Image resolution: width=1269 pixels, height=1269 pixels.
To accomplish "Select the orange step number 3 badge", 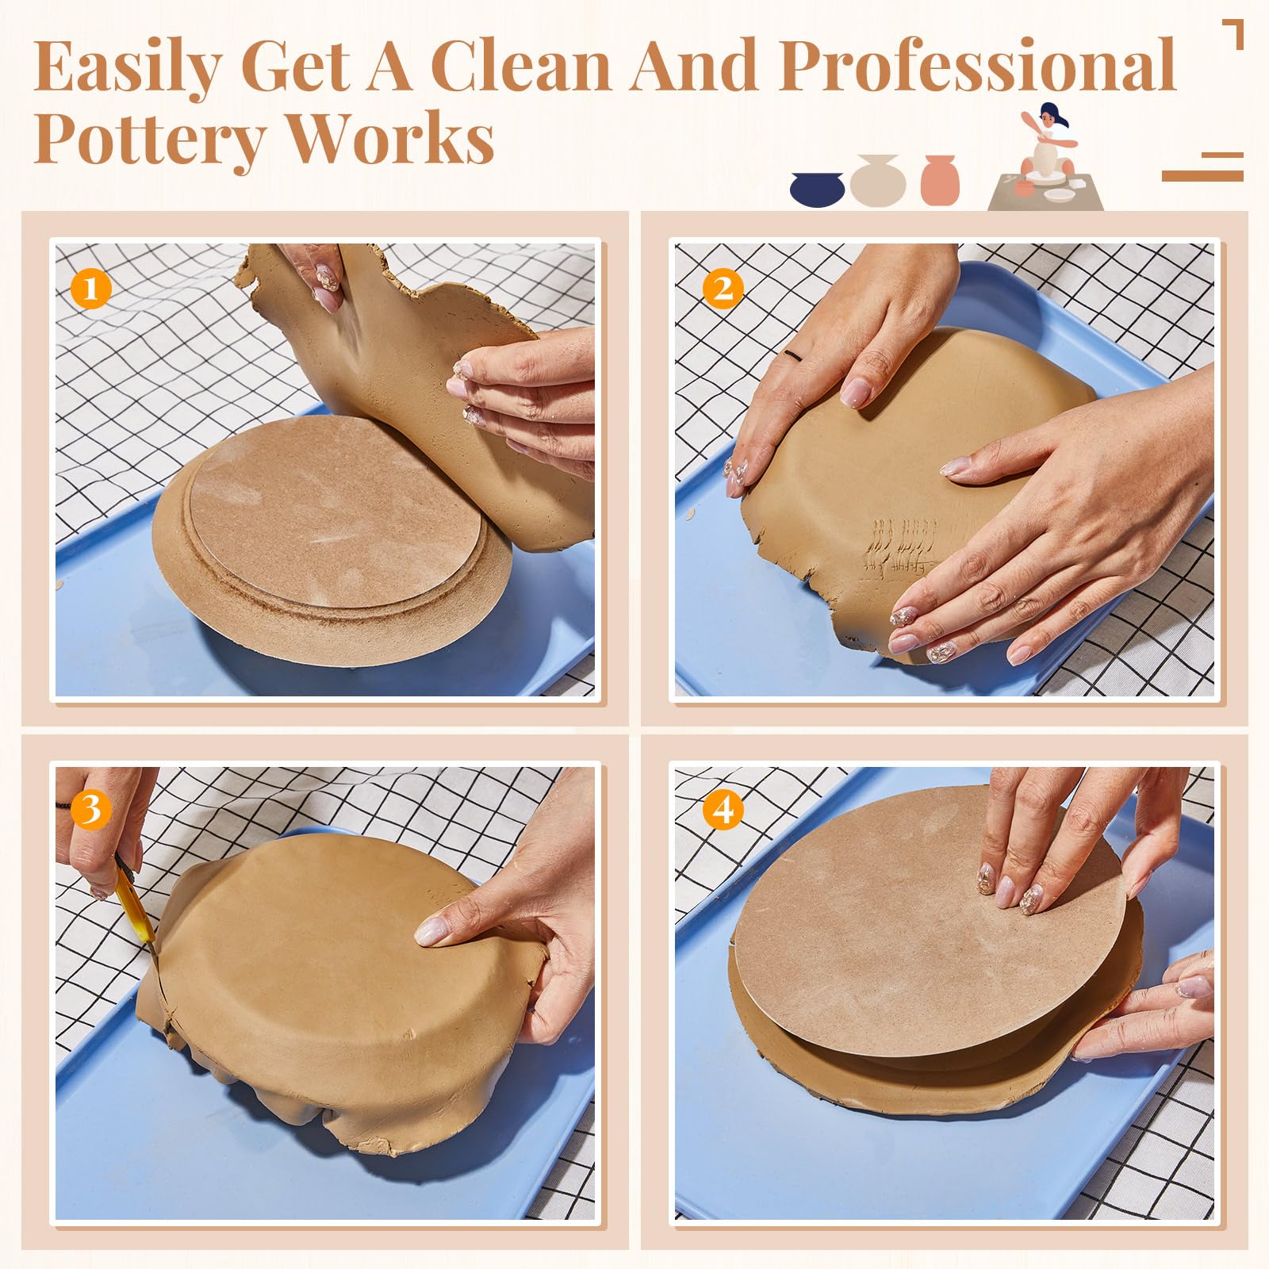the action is coord(90,810).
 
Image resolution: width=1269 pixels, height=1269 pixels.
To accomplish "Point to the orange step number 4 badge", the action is coord(723,810).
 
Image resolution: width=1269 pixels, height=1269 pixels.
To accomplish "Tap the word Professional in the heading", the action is coord(977,65).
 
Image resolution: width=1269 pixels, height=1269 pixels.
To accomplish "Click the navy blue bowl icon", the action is coord(818,189).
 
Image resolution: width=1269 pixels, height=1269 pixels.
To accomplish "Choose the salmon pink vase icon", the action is coord(940,179).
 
